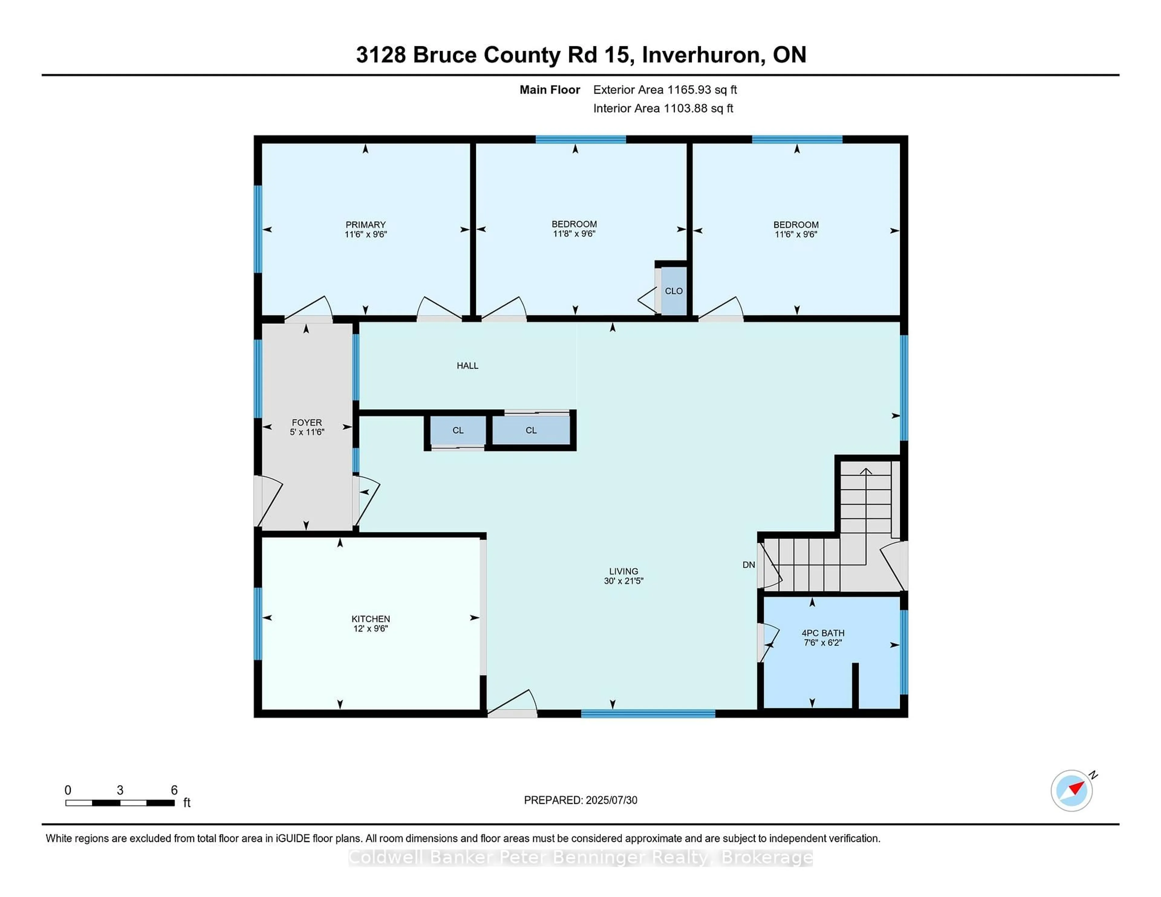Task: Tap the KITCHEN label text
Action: point(370,619)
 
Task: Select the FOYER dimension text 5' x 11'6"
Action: point(307,432)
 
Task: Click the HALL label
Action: point(467,366)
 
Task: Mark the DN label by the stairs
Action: point(749,565)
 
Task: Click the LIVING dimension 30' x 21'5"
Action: point(623,581)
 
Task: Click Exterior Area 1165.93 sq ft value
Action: point(665,90)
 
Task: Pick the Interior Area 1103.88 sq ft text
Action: point(663,108)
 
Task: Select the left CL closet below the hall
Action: point(458,430)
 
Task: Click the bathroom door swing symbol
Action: point(769,642)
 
